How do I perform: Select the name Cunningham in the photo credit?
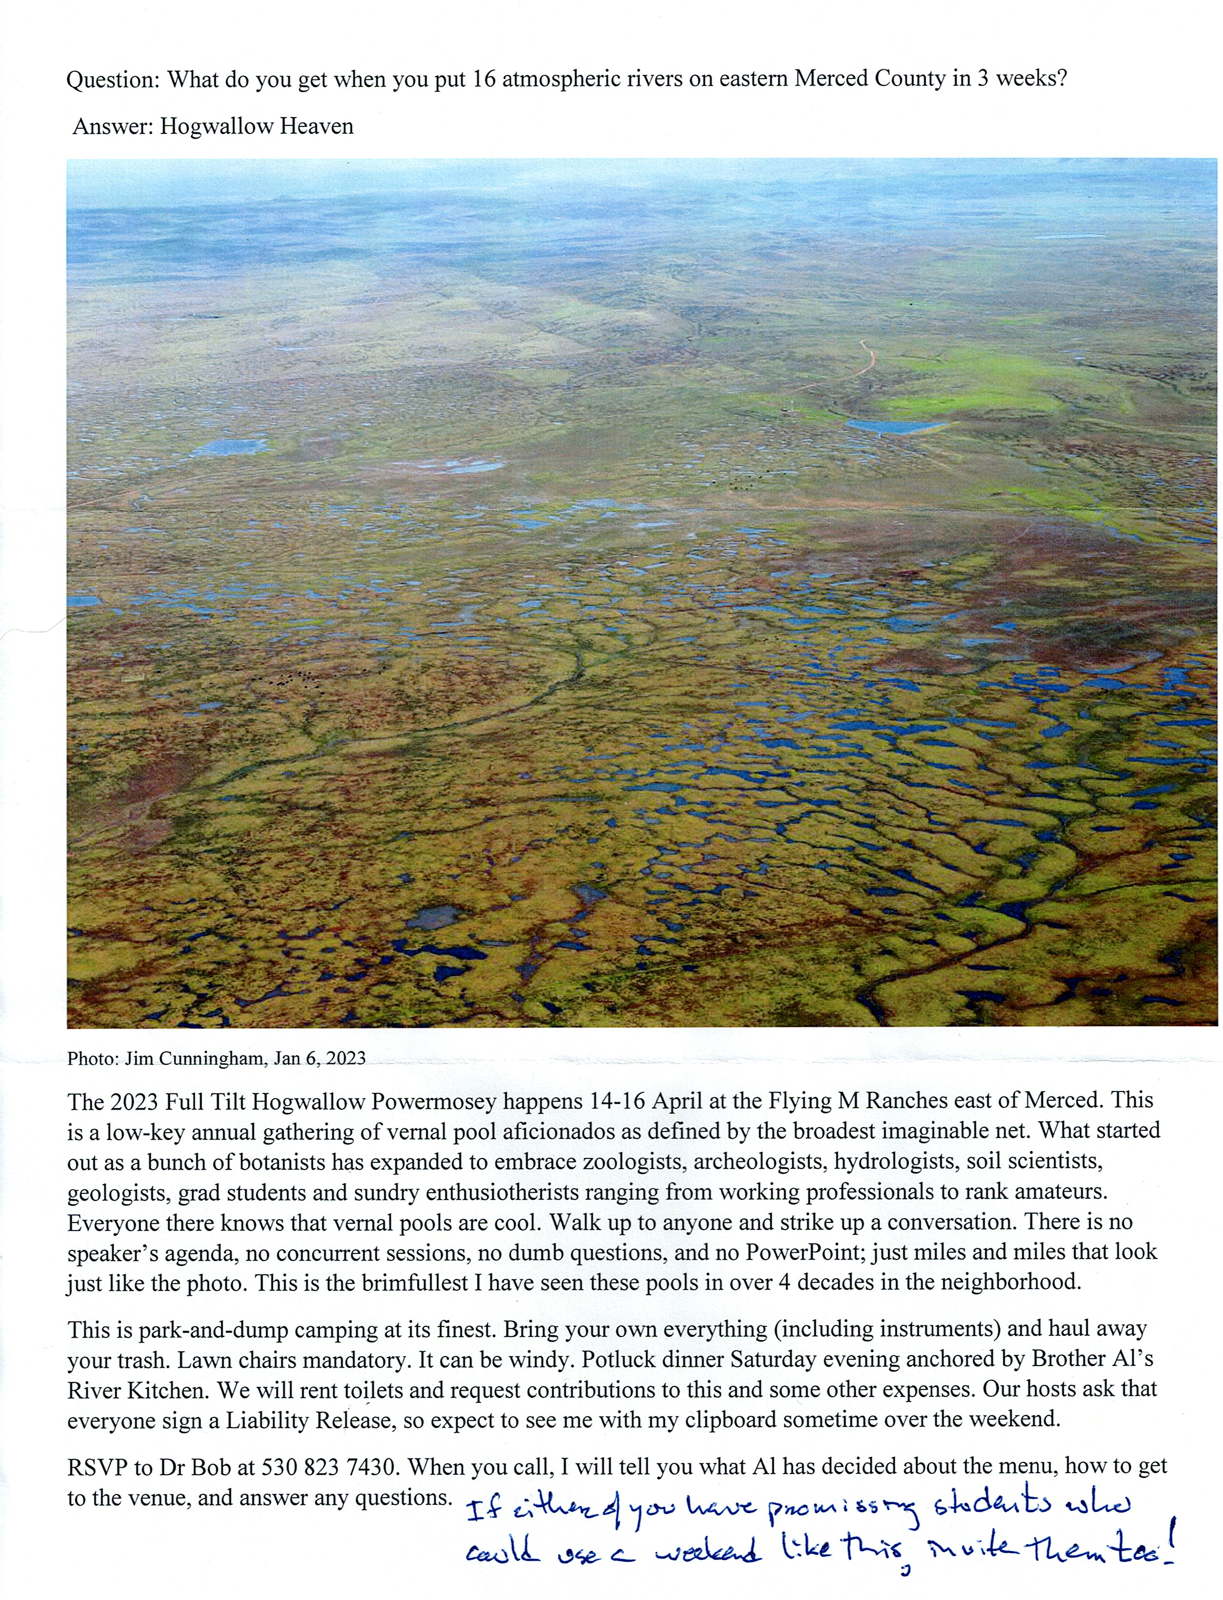(x=220, y=1058)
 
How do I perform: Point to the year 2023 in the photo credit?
(x=346, y=1058)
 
